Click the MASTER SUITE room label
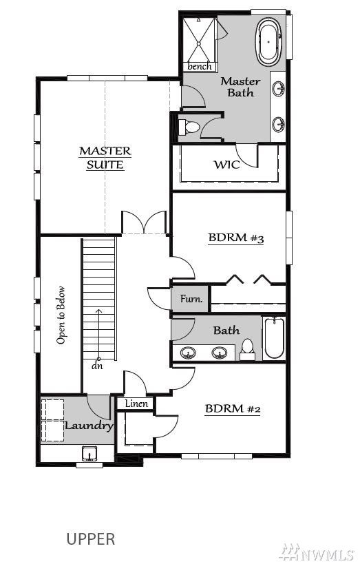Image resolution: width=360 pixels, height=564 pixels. pyautogui.click(x=105, y=158)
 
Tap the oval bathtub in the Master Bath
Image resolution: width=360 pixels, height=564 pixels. pyautogui.click(x=268, y=42)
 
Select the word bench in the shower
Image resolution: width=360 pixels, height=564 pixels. pyautogui.click(x=200, y=67)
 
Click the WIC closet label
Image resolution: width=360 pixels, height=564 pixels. pyautogui.click(x=227, y=165)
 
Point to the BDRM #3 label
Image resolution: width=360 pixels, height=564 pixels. pyautogui.click(x=236, y=238)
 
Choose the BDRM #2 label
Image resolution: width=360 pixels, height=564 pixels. pyautogui.click(x=233, y=409)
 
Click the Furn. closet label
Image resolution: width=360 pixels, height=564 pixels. pyautogui.click(x=191, y=299)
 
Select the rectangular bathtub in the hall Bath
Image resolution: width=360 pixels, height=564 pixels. pyautogui.click(x=275, y=338)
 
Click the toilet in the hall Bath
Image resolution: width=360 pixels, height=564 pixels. pyautogui.click(x=247, y=350)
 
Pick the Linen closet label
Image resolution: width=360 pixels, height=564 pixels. pyautogui.click(x=137, y=404)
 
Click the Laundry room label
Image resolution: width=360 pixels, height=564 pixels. pyautogui.click(x=89, y=426)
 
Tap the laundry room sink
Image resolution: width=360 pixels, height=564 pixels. pyautogui.click(x=89, y=454)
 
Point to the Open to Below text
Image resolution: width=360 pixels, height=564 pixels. pyautogui.click(x=61, y=315)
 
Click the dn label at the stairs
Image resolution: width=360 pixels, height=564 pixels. pyautogui.click(x=97, y=366)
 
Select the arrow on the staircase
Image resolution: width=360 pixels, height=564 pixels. pyautogui.click(x=98, y=334)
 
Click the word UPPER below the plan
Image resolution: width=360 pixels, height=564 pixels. pyautogui.click(x=91, y=539)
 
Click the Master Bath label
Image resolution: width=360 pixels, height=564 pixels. pyautogui.click(x=240, y=87)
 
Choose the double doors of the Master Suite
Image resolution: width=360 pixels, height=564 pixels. pyautogui.click(x=144, y=223)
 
